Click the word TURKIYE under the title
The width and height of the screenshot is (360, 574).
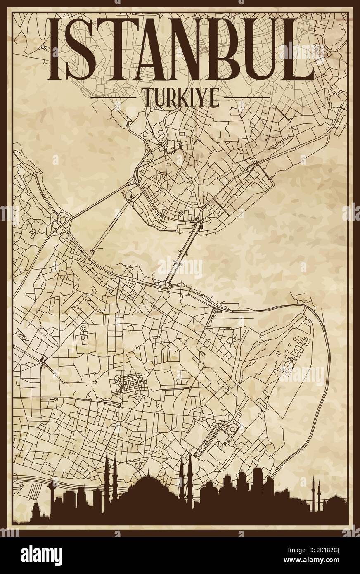point(182,98)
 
